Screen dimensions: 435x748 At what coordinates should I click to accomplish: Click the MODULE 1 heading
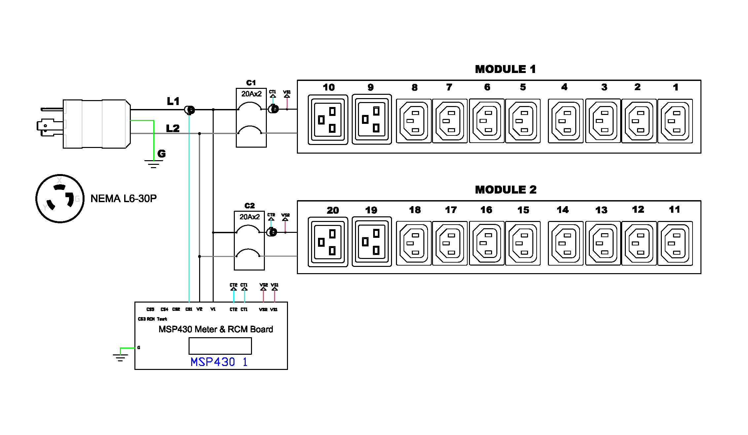(505, 69)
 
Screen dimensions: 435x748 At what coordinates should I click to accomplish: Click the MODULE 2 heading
(506, 190)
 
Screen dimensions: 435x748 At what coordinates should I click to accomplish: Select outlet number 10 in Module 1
(328, 120)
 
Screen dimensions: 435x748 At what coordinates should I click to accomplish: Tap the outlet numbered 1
(675, 121)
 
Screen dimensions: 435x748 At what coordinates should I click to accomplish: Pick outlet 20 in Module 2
(328, 242)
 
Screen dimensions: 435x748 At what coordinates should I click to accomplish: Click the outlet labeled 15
(523, 243)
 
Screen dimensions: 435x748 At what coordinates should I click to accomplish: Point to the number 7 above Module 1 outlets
(449, 87)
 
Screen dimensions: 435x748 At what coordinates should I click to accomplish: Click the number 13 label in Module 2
(601, 210)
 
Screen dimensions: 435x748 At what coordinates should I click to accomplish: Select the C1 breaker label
(251, 83)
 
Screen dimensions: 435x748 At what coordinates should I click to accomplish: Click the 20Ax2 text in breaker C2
(250, 217)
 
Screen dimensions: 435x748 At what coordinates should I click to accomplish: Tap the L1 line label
(173, 101)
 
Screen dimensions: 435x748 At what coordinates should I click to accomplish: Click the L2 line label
(173, 128)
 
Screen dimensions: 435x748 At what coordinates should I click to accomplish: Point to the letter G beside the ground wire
(161, 153)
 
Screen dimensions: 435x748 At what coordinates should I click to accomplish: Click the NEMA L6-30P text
(124, 199)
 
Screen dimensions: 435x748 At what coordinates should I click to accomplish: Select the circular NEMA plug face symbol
(60, 199)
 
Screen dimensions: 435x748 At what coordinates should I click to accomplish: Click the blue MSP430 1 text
(219, 362)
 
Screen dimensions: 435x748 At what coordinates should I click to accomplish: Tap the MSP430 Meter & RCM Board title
(216, 329)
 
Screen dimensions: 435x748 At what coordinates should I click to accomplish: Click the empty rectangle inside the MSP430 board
(220, 346)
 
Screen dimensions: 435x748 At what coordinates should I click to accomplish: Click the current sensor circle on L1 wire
(190, 110)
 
